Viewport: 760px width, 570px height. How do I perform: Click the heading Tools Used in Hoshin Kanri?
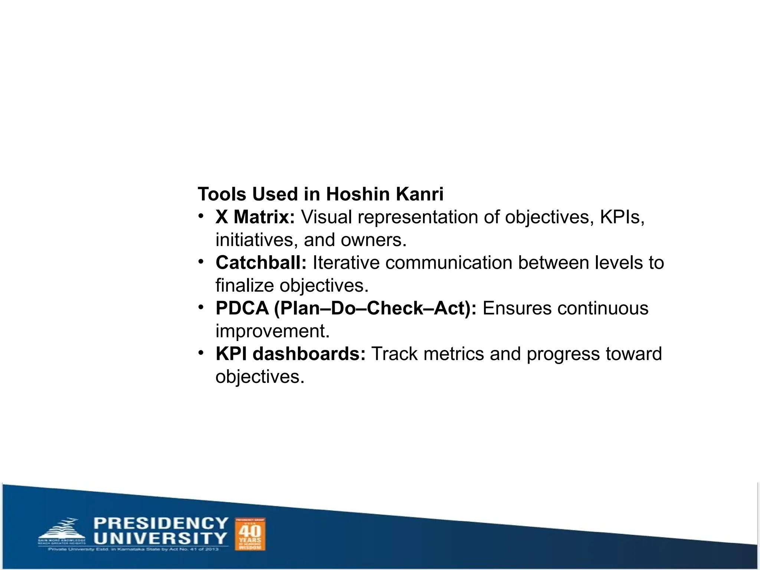pyautogui.click(x=320, y=194)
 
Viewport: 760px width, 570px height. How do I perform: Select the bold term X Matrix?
pyautogui.click(x=255, y=217)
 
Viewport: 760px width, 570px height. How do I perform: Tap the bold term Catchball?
pyautogui.click(x=261, y=263)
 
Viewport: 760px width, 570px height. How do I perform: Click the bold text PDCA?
pyautogui.click(x=242, y=308)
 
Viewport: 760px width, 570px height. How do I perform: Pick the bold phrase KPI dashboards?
pyautogui.click(x=291, y=354)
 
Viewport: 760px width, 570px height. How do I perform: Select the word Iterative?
pyautogui.click(x=346, y=263)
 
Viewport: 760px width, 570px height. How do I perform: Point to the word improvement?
pyautogui.click(x=272, y=331)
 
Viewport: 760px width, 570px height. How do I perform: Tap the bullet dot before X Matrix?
pyautogui.click(x=201, y=216)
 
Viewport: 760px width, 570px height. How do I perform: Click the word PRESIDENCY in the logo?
pyautogui.click(x=161, y=523)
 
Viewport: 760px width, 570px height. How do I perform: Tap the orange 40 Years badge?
pyautogui.click(x=250, y=534)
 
